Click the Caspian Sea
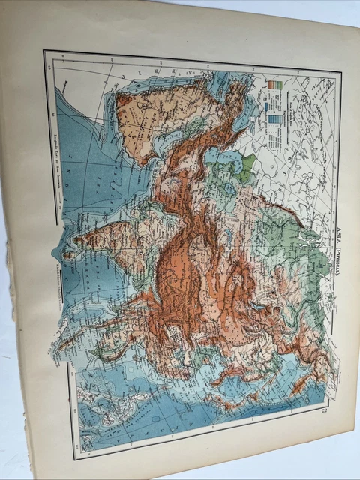click(225, 160)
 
